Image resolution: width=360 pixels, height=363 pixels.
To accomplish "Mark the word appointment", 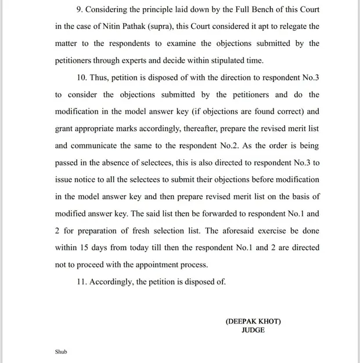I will (156, 264).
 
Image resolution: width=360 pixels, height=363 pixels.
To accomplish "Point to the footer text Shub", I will (61, 351).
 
